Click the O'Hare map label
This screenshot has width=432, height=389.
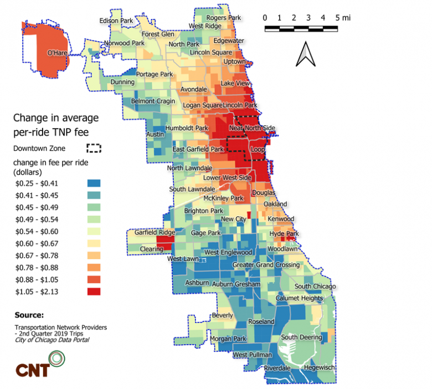pyautogui.click(x=57, y=53)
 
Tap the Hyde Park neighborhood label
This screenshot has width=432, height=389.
pyautogui.click(x=284, y=234)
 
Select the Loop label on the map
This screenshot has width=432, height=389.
pyautogui.click(x=258, y=149)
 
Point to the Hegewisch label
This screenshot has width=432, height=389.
pyautogui.click(x=320, y=367)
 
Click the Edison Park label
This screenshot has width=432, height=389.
pyautogui.click(x=116, y=21)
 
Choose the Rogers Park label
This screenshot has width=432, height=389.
pyautogui.click(x=223, y=18)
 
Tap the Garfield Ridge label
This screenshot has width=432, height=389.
pyautogui.click(x=155, y=232)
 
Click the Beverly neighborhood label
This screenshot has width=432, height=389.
pyautogui.click(x=222, y=315)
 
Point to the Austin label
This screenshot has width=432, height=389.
pyautogui.click(x=155, y=134)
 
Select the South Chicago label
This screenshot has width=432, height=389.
pyautogui.click(x=315, y=286)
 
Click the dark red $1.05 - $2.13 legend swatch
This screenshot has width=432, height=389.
pyautogui.click(x=94, y=291)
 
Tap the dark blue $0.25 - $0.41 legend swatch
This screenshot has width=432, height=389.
pyautogui.click(x=94, y=183)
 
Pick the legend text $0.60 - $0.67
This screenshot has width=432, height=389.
pyautogui.click(x=37, y=243)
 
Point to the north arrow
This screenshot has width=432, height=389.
pyautogui.click(x=306, y=54)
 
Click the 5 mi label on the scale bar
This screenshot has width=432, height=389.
pyautogui.click(x=343, y=18)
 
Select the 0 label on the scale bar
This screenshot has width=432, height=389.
pyautogui.click(x=265, y=18)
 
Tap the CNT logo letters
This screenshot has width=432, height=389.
pyautogui.click(x=33, y=370)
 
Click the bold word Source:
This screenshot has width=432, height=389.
pyautogui.click(x=29, y=315)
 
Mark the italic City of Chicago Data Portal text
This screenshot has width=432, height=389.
pyautogui.click(x=52, y=340)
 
